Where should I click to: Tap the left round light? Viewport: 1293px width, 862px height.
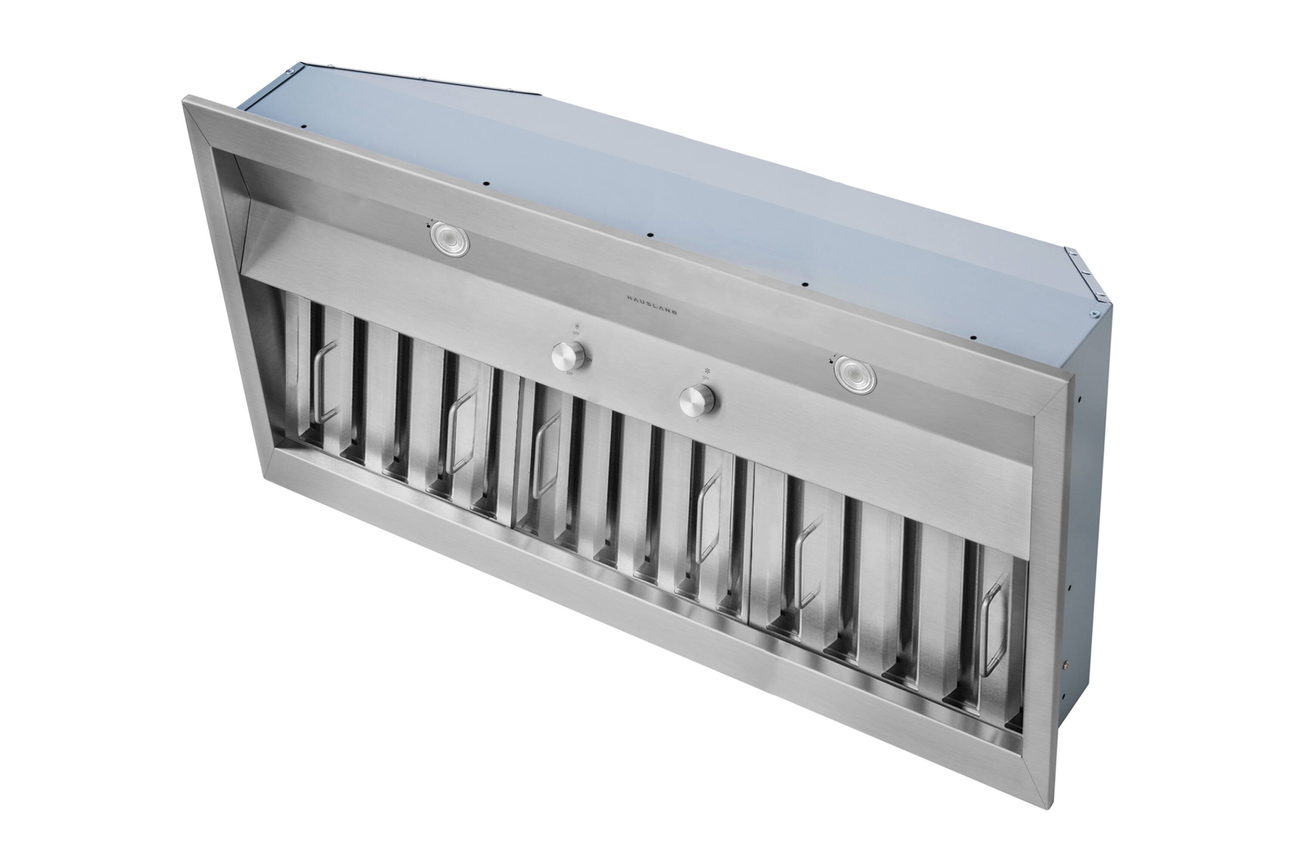pyautogui.click(x=450, y=239)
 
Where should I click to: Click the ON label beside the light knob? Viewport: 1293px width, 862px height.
pyautogui.click(x=589, y=359)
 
